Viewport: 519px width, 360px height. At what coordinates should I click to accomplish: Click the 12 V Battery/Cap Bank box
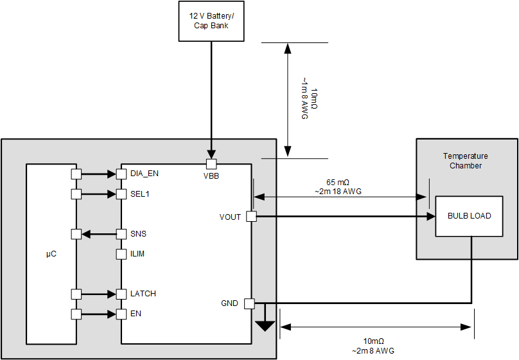coord(211,21)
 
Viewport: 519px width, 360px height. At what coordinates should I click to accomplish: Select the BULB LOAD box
coord(469,216)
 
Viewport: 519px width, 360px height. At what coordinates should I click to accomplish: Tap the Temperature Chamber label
coord(465,161)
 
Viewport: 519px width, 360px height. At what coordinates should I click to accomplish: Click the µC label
coord(51,255)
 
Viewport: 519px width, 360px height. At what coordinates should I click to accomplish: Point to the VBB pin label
coord(211,175)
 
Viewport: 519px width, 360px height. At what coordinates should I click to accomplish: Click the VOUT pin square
coord(251,217)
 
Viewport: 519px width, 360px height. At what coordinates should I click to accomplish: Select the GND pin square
coord(250,303)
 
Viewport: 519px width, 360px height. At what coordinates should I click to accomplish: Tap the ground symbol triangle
coord(264,326)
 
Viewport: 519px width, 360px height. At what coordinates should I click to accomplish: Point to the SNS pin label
coord(138,234)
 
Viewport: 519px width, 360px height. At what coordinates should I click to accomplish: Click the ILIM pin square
coord(121,254)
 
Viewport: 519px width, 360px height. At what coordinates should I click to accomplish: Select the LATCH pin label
coord(143,294)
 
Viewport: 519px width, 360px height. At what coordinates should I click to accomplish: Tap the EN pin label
coord(135,314)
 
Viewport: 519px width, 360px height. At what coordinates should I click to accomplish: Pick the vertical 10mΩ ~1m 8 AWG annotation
coord(309,100)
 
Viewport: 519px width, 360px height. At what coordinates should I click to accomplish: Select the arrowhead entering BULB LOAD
coord(430,217)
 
